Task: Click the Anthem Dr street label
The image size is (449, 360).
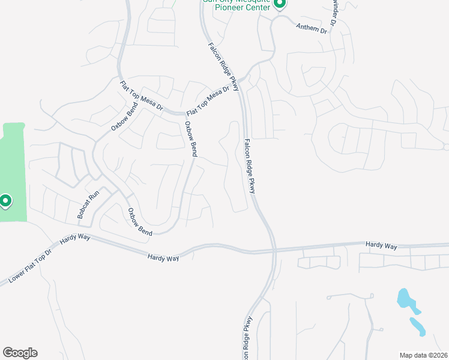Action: click(312, 28)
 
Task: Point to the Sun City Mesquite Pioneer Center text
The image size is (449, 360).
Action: click(237, 5)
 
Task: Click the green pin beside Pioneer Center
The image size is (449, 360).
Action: click(279, 4)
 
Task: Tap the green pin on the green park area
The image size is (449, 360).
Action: click(5, 201)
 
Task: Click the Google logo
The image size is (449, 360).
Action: click(20, 353)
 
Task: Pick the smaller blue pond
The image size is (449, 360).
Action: click(418, 326)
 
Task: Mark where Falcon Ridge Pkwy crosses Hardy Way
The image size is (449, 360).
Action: click(274, 248)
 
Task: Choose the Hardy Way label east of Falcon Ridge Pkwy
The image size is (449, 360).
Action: click(382, 246)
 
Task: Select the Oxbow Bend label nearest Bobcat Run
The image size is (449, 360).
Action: click(139, 221)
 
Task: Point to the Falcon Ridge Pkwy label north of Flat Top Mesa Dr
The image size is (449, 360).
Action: click(223, 67)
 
